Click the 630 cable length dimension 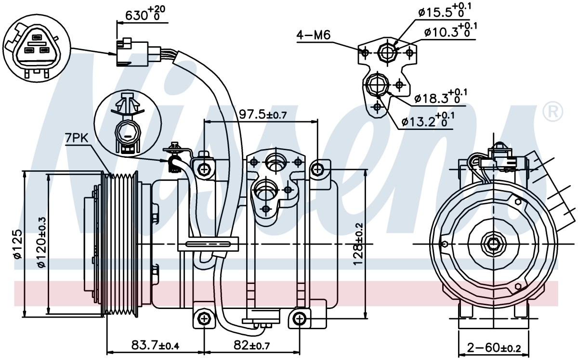145,13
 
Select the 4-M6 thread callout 313,35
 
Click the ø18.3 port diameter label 441,97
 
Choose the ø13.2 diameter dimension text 428,120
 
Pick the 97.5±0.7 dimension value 263,114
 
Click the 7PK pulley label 77,138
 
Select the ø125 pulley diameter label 17,244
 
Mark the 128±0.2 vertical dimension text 358,244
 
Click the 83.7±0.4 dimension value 155,345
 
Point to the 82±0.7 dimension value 252,345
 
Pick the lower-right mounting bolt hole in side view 299,319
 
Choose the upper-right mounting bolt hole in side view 317,169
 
